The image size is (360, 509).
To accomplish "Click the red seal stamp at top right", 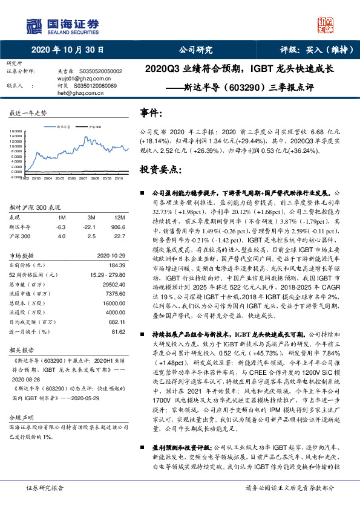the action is point(327,24).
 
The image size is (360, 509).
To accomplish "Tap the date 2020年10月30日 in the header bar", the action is point(67,50).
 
